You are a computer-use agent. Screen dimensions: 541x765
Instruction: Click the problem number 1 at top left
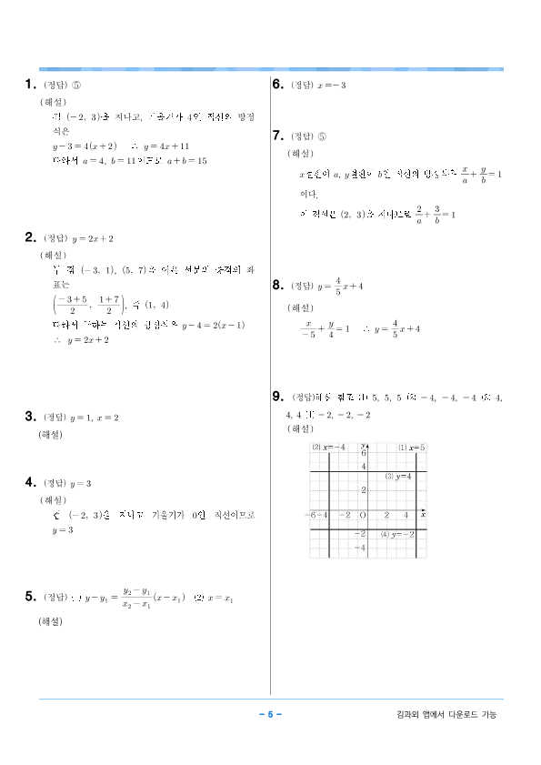pos(30,86)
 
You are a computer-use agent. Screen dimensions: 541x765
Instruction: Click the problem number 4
pos(30,482)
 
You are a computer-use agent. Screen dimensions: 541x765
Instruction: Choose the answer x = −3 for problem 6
pos(331,86)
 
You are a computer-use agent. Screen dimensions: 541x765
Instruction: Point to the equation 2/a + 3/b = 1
pos(436,215)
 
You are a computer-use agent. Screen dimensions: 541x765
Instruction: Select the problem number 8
pos(278,286)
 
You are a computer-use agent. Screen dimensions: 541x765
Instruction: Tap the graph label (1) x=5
pos(411,448)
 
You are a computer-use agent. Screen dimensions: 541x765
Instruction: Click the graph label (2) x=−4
pos(328,448)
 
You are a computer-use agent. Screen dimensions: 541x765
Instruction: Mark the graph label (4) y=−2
pos(397,534)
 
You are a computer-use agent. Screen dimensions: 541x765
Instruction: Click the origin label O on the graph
pos(362,516)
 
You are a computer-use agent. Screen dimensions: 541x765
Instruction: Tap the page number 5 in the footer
pos(270,714)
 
